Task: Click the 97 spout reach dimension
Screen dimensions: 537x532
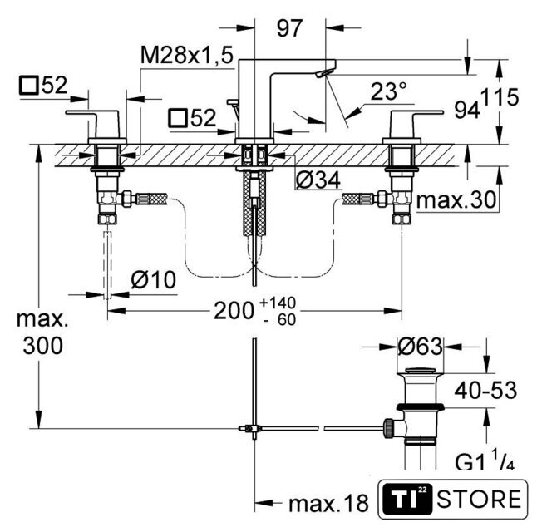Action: (x=290, y=28)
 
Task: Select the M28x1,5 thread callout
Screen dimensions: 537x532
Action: (x=187, y=55)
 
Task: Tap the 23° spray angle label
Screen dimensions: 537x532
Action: (x=388, y=91)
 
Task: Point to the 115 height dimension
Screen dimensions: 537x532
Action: (x=500, y=97)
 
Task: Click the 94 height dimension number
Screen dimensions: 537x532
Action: (x=467, y=110)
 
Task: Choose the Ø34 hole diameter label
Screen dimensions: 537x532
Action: (x=318, y=180)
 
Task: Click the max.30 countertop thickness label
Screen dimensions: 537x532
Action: (x=456, y=199)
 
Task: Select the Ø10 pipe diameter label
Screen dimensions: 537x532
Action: (x=154, y=279)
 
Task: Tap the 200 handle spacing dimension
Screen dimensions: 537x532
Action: (x=234, y=311)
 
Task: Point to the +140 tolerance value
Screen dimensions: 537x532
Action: (x=278, y=303)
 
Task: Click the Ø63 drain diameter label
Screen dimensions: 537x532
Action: (x=420, y=346)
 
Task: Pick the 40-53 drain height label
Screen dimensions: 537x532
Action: (x=485, y=390)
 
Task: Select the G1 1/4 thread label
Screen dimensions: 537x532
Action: (x=485, y=461)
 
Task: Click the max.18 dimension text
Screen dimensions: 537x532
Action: (x=329, y=503)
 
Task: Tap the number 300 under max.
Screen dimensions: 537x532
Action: (x=43, y=346)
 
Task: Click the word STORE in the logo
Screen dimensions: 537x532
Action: (x=479, y=499)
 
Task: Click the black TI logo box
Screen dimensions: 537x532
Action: (x=406, y=499)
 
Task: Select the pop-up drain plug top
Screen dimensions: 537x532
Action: (x=420, y=370)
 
